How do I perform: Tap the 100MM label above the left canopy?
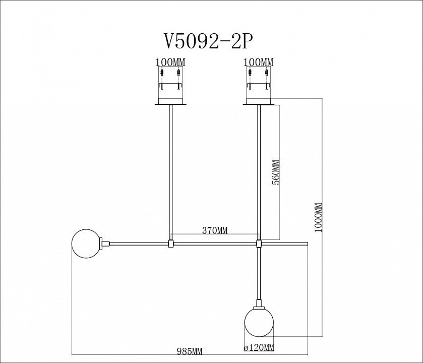[170, 63]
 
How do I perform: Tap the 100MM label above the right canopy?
[259, 63]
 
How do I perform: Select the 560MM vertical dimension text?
[276, 172]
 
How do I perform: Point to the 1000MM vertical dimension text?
[318, 217]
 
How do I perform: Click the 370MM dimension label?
[215, 230]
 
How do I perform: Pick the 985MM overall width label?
[190, 351]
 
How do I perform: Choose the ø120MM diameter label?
[259, 348]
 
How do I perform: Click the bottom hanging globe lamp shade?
[259, 322]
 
